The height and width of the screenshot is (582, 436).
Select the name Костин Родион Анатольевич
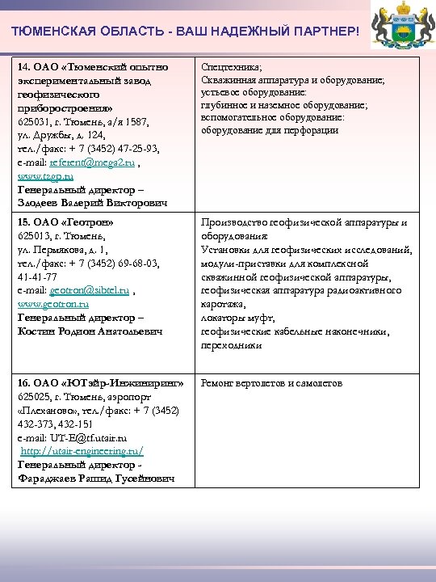[90, 331]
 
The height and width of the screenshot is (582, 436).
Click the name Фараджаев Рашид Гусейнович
[94, 479]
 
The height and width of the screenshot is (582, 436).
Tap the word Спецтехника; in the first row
[225, 69]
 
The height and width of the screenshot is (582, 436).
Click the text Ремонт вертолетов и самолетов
[271, 382]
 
